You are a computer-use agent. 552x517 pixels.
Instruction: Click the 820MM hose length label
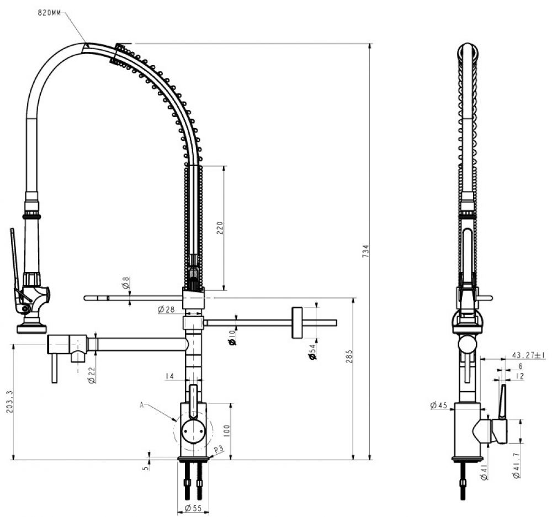point(49,13)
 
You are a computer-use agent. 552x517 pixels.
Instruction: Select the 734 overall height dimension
point(366,251)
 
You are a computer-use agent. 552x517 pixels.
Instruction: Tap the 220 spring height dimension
point(220,228)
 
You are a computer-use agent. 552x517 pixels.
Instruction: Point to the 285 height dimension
point(349,356)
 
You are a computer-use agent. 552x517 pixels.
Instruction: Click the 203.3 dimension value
point(9,401)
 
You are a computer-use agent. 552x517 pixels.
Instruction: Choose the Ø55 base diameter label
point(193,508)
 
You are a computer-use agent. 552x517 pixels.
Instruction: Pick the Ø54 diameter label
point(312,352)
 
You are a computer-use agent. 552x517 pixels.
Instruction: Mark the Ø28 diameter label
point(166,310)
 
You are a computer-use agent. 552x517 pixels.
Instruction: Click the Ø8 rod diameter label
point(126,283)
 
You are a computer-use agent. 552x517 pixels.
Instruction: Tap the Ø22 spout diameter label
point(92,375)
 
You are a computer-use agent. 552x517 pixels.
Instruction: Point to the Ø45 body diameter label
point(439,406)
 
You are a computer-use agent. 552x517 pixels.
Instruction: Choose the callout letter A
point(141,405)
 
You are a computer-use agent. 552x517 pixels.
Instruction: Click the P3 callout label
point(219,449)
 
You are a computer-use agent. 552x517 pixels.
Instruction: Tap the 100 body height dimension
point(226,431)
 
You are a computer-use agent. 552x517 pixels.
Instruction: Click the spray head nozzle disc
point(31,329)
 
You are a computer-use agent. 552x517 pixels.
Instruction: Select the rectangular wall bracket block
point(297,323)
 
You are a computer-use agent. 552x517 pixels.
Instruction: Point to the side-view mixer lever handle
point(502,402)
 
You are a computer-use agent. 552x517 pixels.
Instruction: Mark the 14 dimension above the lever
point(169,376)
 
